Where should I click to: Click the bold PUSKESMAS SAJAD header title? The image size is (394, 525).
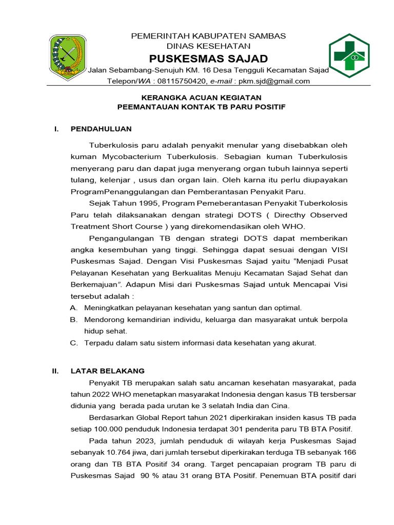click(208, 58)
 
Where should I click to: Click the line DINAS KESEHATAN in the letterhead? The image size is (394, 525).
click(208, 46)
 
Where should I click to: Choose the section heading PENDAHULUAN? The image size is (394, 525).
click(101, 129)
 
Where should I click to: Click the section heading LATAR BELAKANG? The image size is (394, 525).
click(108, 371)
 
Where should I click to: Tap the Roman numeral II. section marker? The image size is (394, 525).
click(56, 371)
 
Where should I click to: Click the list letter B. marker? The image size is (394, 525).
click(74, 319)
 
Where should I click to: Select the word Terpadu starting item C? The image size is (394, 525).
click(98, 343)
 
